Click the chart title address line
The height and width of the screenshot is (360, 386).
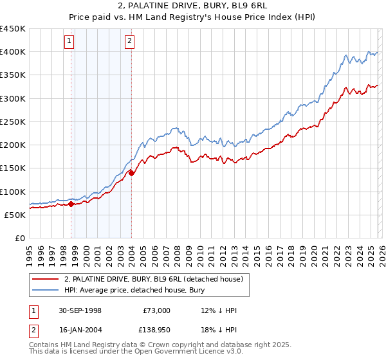[x=193, y=7]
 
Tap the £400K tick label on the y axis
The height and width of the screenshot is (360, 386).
[x=13, y=52]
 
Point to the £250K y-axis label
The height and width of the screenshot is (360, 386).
[x=13, y=122]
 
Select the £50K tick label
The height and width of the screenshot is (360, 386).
[x=15, y=215]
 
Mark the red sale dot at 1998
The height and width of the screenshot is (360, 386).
[x=71, y=204]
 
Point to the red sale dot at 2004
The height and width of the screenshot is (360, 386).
[x=131, y=172]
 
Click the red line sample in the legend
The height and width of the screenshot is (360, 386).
[x=46, y=280]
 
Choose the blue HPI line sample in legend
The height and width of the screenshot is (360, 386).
[x=46, y=291]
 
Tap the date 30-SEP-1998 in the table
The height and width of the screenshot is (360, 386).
[x=80, y=310]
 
